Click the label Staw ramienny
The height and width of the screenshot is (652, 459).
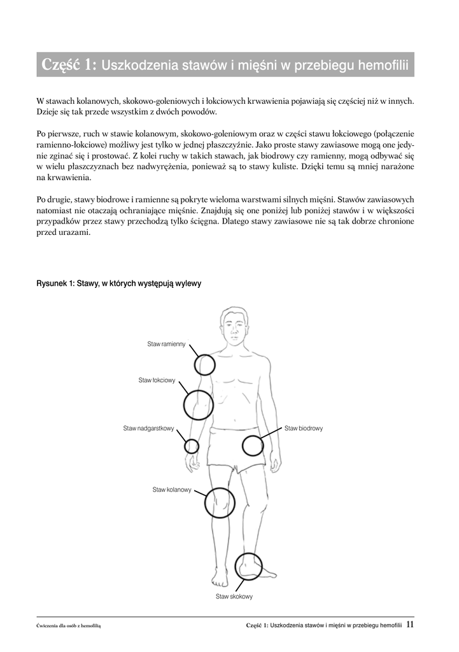pos(166,344)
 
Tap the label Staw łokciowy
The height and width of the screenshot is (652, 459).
pos(157,380)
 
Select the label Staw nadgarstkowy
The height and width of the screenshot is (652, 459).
pos(148,429)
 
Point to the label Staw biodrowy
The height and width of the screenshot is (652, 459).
pos(304,429)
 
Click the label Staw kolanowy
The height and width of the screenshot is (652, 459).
pos(172,489)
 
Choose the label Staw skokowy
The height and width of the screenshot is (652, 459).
pos(234,597)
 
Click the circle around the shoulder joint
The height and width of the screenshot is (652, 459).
pos(204,365)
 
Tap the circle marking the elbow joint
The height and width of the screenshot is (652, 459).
pos(198,404)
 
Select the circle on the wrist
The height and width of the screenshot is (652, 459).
pos(192,446)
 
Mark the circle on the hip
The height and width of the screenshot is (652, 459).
pos(253,445)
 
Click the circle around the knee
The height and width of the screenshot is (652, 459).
pos(220,502)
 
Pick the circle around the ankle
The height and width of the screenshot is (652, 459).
pos(248,566)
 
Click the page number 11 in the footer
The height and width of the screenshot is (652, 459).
pos(410,625)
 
